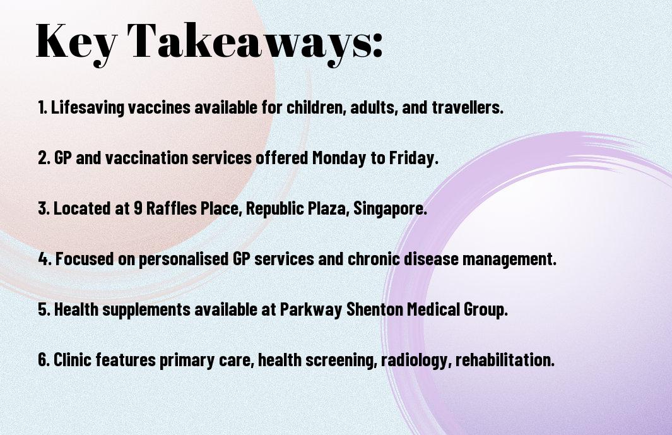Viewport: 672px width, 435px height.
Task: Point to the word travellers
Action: coord(468,107)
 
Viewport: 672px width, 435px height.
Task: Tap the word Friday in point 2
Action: coord(413,158)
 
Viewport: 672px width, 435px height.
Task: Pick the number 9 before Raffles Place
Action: coord(138,208)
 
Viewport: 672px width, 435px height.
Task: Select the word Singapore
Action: coord(390,208)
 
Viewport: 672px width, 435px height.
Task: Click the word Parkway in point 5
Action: coord(310,309)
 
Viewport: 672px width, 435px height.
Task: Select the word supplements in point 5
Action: coord(146,309)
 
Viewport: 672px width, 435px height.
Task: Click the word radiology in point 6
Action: coord(416,360)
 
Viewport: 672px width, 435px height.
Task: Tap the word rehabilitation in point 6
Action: coord(505,359)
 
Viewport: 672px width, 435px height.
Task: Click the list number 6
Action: coord(44,360)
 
